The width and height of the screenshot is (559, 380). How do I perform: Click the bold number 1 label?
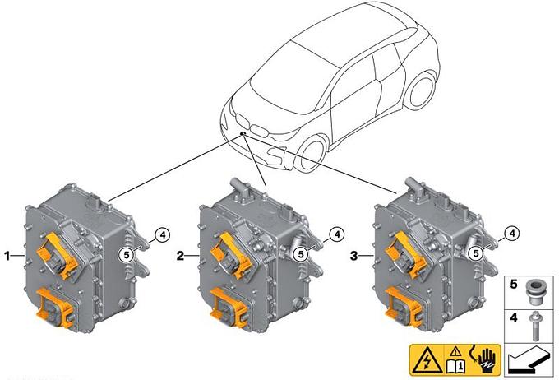7,256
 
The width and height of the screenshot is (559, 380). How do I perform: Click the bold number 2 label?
180,256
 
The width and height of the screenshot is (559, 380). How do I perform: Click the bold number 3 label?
353,256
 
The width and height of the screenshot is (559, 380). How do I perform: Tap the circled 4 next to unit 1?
163,235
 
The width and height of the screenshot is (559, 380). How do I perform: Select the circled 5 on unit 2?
301,254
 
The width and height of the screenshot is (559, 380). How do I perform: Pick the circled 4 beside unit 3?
512,234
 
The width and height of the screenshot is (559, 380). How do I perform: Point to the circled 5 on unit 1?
126,255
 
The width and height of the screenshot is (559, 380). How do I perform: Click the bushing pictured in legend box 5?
535,291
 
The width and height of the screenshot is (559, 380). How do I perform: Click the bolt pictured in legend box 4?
535,326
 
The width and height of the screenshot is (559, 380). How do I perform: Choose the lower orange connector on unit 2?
230,308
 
